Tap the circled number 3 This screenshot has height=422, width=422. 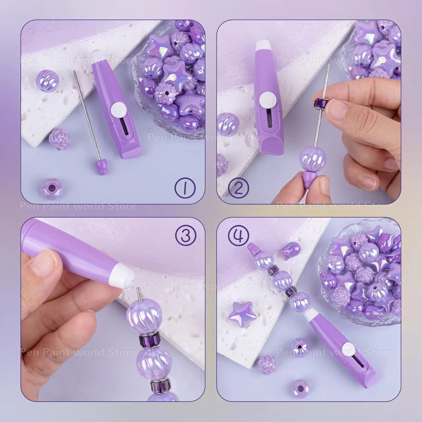(x=185, y=236)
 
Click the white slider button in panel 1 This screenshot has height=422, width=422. (x=116, y=108)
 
